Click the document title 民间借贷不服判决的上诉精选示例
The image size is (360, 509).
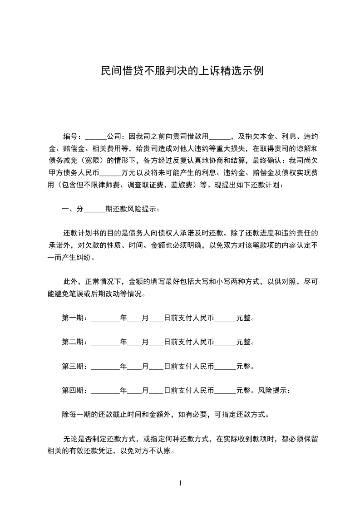[182, 71]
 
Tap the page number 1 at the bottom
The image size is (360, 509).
[180, 483]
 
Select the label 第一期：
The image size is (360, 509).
[76, 318]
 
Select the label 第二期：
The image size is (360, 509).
[76, 342]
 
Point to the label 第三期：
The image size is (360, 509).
[76, 366]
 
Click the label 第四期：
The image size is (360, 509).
[76, 390]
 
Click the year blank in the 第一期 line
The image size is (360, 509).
[105, 318]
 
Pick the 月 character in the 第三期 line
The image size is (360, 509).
[145, 366]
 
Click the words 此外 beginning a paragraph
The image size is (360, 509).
[69, 281]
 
